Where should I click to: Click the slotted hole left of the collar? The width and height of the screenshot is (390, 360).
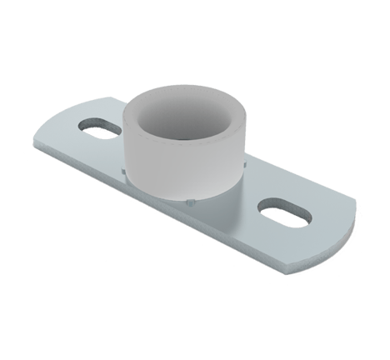[x=99, y=125]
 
